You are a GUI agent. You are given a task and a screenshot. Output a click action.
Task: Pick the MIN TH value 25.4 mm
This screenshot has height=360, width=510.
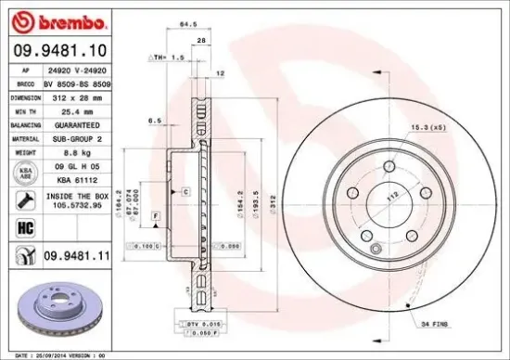click(x=73, y=110)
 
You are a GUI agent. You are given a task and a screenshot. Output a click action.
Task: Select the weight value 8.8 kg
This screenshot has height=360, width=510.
click(x=73, y=150)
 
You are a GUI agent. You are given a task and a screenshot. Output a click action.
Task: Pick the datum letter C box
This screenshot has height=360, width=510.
click(x=186, y=191)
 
